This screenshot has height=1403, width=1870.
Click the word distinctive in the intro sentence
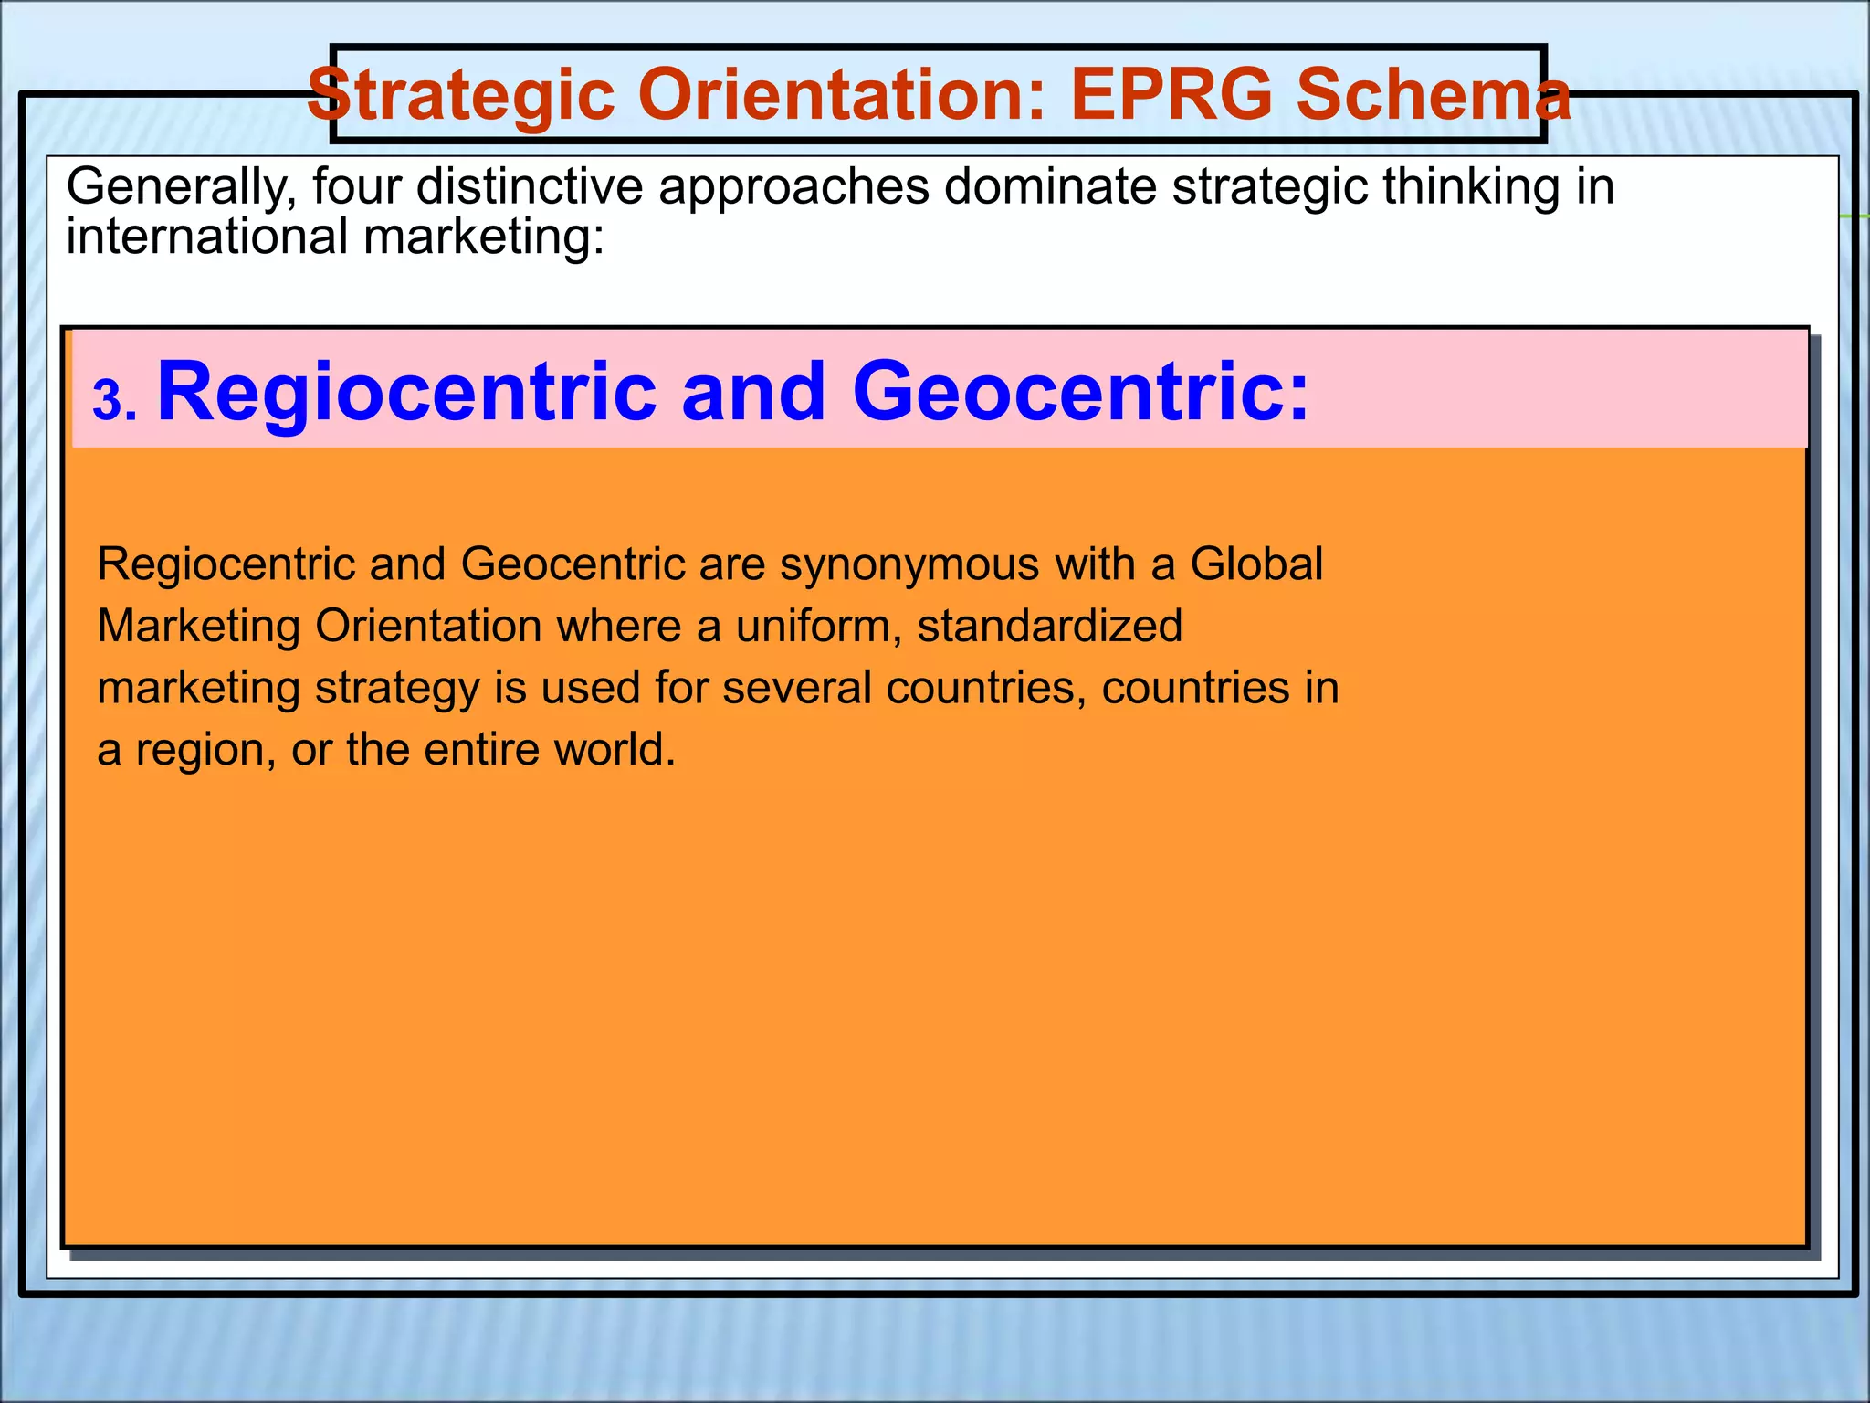530,187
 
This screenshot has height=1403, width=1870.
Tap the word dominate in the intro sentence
1050,187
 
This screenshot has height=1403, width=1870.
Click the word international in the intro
207,237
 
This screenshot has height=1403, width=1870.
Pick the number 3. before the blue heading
115,402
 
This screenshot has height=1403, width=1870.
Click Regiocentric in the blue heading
407,392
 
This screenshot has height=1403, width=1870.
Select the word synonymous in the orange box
909,564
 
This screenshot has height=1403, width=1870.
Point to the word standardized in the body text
1050,627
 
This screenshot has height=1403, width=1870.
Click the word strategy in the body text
397,689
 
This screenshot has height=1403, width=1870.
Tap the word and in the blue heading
753,392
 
